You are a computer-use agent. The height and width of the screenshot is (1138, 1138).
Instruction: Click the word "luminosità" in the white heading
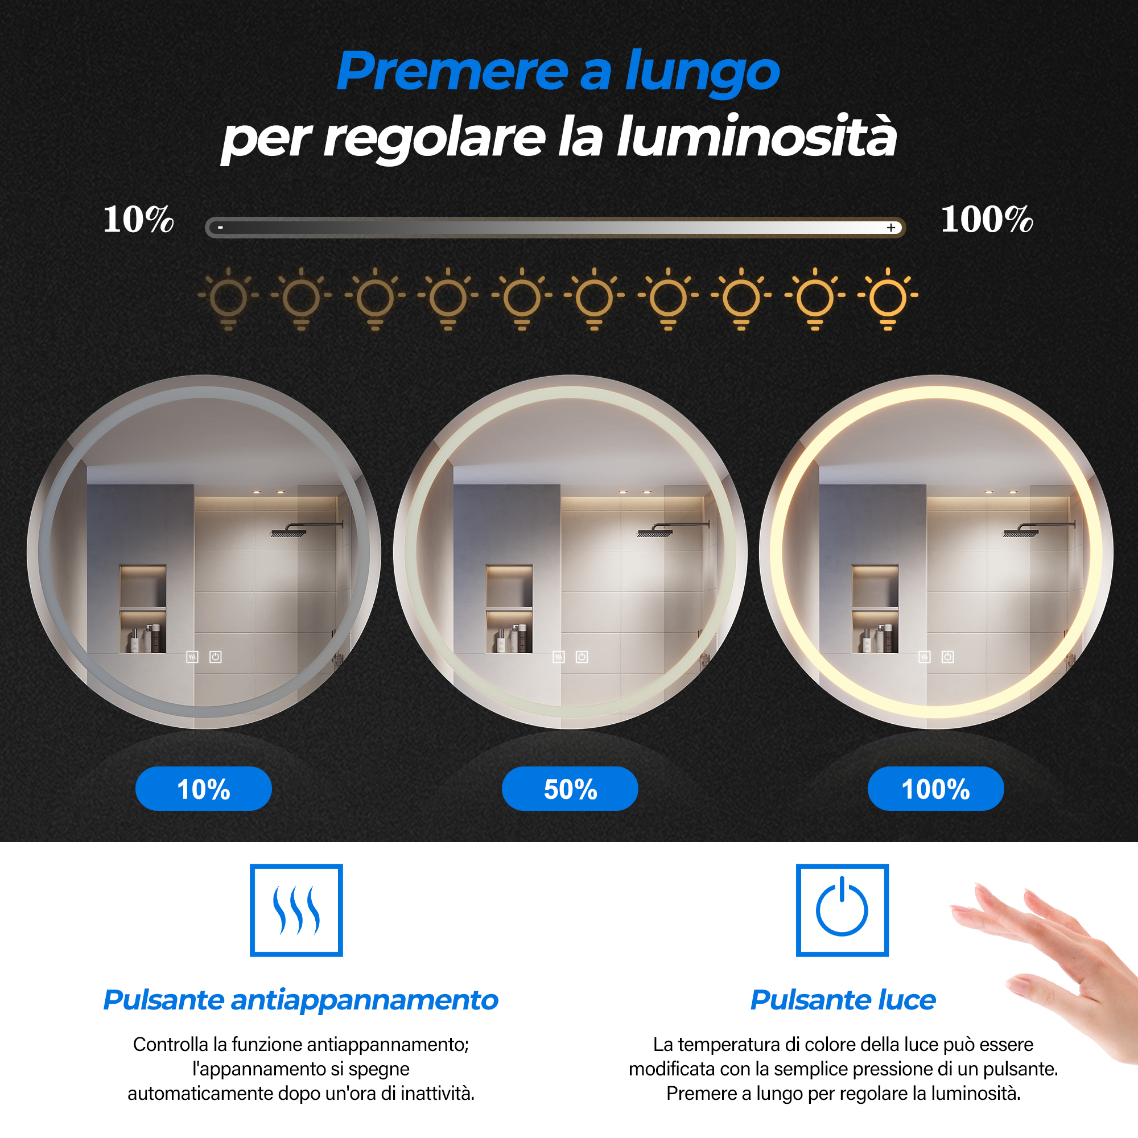tap(757, 137)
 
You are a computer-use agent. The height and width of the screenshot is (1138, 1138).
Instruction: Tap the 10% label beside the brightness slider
tap(138, 220)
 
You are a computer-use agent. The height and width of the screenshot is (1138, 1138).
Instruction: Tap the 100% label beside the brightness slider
tap(987, 220)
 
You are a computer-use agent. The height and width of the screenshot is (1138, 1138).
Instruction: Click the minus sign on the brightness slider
tap(220, 227)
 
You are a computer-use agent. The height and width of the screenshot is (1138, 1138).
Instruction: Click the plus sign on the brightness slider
tap(891, 228)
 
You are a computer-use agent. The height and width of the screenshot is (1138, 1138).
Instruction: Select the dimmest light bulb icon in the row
tap(229, 299)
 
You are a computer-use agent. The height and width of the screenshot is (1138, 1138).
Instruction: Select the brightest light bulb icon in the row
tap(888, 299)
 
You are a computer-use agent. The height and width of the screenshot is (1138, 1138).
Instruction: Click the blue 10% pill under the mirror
tap(204, 789)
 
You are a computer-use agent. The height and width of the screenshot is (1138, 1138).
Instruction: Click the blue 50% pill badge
tap(570, 789)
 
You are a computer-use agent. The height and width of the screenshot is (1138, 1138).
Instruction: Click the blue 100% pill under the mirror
tap(936, 789)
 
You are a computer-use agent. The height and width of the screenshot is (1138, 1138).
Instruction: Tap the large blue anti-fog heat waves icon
tap(296, 910)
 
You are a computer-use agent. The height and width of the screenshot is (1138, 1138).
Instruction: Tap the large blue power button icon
tap(842, 910)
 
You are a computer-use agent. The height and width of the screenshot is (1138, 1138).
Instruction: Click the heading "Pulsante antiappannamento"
tap(301, 1000)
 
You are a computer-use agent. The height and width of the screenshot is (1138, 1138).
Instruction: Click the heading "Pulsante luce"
tap(843, 1000)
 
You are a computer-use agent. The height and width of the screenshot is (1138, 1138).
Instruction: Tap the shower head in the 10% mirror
tap(288, 533)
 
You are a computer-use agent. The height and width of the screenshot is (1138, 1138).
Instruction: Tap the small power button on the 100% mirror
tap(948, 657)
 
